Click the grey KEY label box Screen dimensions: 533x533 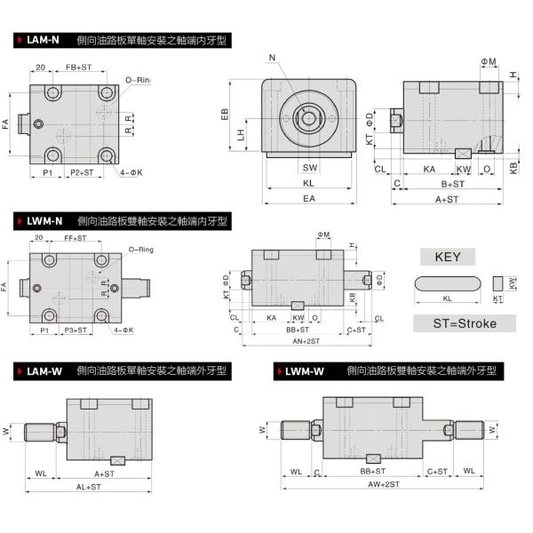[447, 258]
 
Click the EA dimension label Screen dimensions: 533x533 [309, 199]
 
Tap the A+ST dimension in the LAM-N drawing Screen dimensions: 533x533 [447, 199]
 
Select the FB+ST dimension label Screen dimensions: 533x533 [78, 68]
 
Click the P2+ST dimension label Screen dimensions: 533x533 [82, 171]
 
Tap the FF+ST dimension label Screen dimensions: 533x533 [76, 238]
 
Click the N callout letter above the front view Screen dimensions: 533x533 [272, 59]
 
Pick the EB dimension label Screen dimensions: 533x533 [226, 114]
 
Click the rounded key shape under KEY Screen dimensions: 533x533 [447, 283]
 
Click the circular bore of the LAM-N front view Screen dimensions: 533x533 [309, 116]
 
